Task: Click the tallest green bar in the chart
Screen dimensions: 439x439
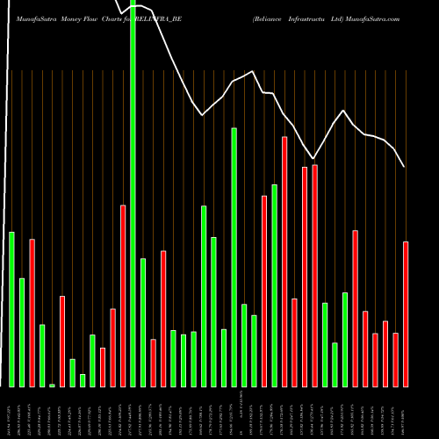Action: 133,193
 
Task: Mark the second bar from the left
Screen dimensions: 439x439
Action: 22,332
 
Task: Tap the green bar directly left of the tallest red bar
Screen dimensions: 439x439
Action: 275,285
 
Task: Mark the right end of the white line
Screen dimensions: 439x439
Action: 405,167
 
